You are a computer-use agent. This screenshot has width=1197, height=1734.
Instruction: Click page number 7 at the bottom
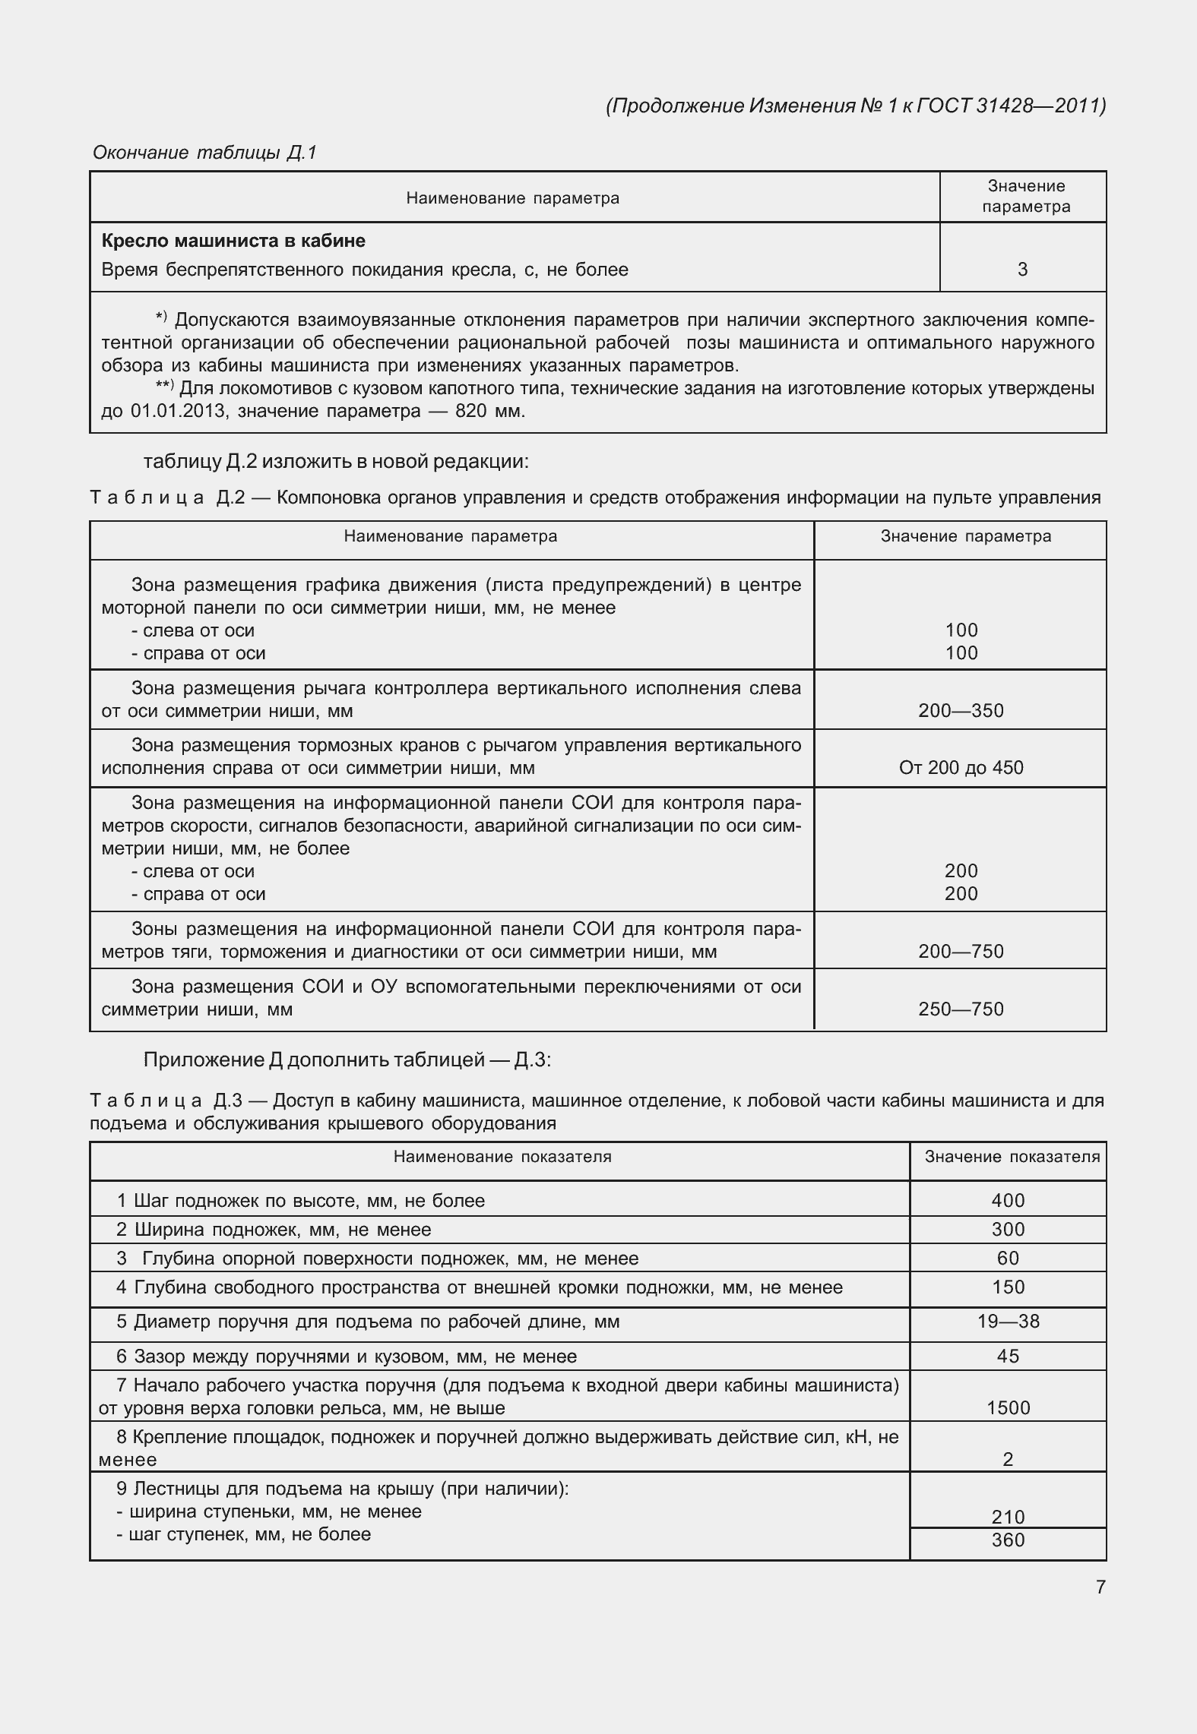click(1100, 1587)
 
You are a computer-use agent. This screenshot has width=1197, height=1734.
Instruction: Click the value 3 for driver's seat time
click(1022, 270)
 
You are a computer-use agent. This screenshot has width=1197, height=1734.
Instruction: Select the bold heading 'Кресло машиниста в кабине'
click(233, 241)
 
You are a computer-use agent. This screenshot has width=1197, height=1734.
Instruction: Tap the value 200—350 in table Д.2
click(961, 711)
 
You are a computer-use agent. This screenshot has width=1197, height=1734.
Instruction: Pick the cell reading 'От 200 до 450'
click(961, 768)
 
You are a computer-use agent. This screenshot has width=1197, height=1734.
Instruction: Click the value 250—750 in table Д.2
click(961, 1009)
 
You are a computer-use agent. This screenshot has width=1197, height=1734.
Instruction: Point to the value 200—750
click(961, 952)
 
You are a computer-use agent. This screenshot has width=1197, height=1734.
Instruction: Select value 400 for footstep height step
click(1008, 1201)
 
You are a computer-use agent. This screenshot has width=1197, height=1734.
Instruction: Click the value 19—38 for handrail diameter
click(1008, 1322)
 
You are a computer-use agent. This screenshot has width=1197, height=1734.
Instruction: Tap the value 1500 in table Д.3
click(1008, 1408)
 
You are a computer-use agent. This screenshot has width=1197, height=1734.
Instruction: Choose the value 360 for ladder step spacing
click(1008, 1540)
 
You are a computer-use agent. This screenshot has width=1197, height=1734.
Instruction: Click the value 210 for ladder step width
click(1008, 1518)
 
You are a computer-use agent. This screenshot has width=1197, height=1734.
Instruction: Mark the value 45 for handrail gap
click(1008, 1357)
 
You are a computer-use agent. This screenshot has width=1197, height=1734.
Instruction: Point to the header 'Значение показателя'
click(1012, 1157)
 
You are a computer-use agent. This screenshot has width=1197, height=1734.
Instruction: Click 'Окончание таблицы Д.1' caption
click(204, 153)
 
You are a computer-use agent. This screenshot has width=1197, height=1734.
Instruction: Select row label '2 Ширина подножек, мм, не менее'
click(274, 1230)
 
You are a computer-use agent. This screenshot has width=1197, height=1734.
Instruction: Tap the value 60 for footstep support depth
click(1008, 1259)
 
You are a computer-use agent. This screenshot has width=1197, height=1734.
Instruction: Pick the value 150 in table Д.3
click(1008, 1287)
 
